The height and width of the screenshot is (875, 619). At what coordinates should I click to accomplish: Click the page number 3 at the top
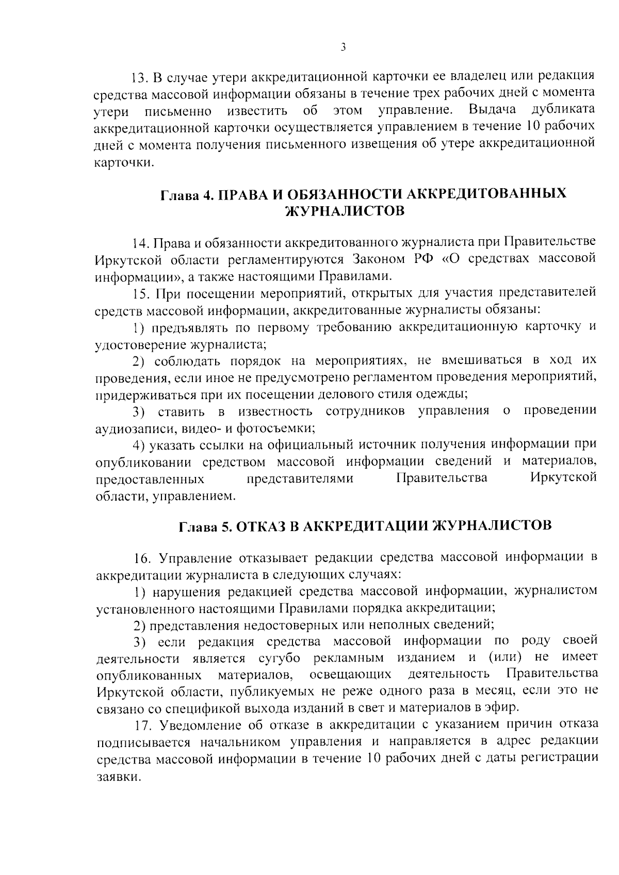click(x=343, y=47)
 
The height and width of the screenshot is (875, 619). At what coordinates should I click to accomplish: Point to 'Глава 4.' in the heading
click(x=185, y=194)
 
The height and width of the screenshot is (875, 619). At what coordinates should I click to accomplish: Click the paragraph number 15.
click(x=140, y=293)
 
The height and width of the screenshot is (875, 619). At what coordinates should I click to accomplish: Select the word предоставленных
click(x=150, y=479)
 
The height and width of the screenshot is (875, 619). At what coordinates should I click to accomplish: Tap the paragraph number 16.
click(x=141, y=558)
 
